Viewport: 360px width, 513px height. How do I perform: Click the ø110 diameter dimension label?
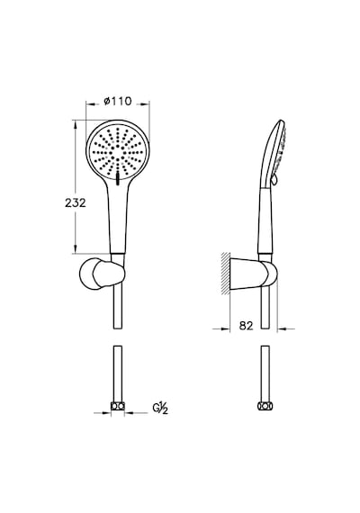click(x=118, y=102)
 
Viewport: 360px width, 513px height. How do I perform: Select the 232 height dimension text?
click(x=76, y=202)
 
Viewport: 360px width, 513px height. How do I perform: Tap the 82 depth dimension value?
click(x=246, y=326)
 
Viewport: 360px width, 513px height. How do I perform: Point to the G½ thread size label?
click(x=160, y=409)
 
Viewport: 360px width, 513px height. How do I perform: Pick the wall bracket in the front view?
click(x=102, y=274)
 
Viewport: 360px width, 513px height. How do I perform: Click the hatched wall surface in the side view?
click(x=226, y=274)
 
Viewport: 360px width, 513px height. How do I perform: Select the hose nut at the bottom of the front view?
click(x=118, y=407)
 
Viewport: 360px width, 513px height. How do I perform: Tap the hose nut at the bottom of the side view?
click(x=265, y=406)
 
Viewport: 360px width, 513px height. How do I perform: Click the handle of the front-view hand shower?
click(x=118, y=216)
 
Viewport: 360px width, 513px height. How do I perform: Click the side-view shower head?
click(x=274, y=154)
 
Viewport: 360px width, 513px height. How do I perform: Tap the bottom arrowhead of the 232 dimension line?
click(x=76, y=248)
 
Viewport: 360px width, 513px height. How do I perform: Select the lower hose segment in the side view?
click(x=265, y=373)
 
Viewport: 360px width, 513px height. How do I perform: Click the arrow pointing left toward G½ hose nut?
click(x=136, y=413)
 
